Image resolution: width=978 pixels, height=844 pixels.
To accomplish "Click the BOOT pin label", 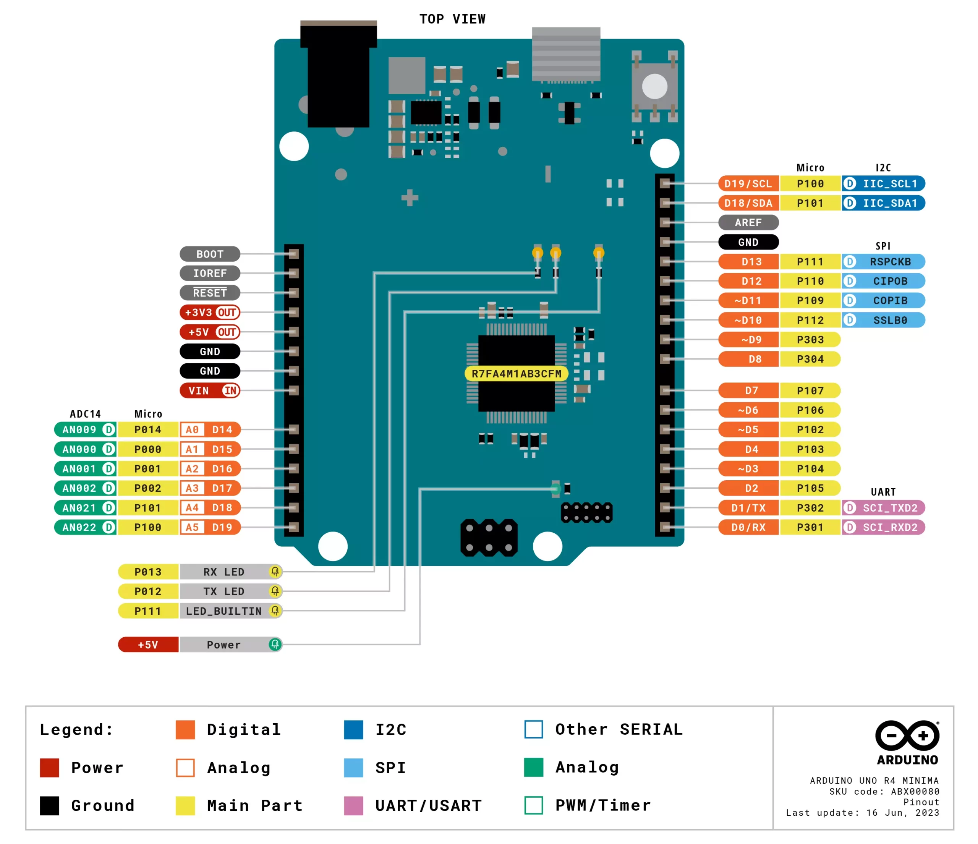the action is [210, 254].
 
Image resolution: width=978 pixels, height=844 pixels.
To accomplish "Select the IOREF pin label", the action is [210, 273].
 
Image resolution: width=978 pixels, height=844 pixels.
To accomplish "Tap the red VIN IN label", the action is [210, 390].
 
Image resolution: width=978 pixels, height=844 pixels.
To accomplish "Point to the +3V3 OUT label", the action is [210, 313].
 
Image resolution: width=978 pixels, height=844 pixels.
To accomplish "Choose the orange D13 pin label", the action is [749, 261].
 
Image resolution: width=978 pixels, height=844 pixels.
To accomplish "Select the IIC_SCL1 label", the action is [883, 184].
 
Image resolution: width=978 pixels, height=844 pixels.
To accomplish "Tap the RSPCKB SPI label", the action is [883, 261].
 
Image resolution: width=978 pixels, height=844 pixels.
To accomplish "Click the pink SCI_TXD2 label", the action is [883, 508].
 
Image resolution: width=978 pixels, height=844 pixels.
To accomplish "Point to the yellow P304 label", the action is [810, 359].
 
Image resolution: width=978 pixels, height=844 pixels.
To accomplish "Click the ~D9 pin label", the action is [749, 339].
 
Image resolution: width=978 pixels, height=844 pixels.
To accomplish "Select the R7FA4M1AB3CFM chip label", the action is [517, 374].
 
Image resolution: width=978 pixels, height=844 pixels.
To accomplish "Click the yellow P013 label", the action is [148, 572].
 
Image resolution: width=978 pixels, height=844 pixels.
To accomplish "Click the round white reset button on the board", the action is [655, 86].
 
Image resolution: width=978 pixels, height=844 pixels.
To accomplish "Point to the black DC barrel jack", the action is [338, 74].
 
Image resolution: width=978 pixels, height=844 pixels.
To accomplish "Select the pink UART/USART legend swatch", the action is [353, 805].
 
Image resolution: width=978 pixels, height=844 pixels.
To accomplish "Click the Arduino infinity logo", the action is [907, 735].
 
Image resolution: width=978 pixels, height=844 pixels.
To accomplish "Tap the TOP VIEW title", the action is [452, 19].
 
